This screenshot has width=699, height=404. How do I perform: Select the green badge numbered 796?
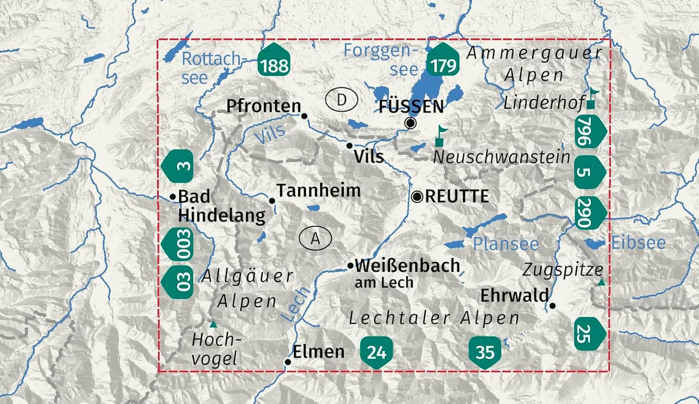[588, 132]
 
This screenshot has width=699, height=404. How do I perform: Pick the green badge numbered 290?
[588, 213]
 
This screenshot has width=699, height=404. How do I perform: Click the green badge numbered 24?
[376, 352]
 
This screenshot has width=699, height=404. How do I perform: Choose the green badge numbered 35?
[485, 352]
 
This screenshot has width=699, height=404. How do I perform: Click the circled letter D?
[342, 99]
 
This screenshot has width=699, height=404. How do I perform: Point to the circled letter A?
[315, 238]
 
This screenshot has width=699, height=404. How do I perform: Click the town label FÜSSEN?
[411, 106]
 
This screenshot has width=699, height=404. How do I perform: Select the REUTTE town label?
[457, 196]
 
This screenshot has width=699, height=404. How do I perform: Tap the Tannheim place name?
[319, 190]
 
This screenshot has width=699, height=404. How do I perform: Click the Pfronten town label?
[264, 106]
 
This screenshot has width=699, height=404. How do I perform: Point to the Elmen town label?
[319, 351]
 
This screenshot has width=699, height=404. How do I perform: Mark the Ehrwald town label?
[514, 295]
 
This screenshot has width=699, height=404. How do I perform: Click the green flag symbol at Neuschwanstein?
[440, 136]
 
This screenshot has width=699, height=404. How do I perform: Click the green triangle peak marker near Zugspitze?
[602, 282]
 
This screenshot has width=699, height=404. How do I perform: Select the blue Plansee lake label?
[506, 244]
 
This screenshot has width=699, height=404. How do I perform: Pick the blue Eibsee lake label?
[638, 243]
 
